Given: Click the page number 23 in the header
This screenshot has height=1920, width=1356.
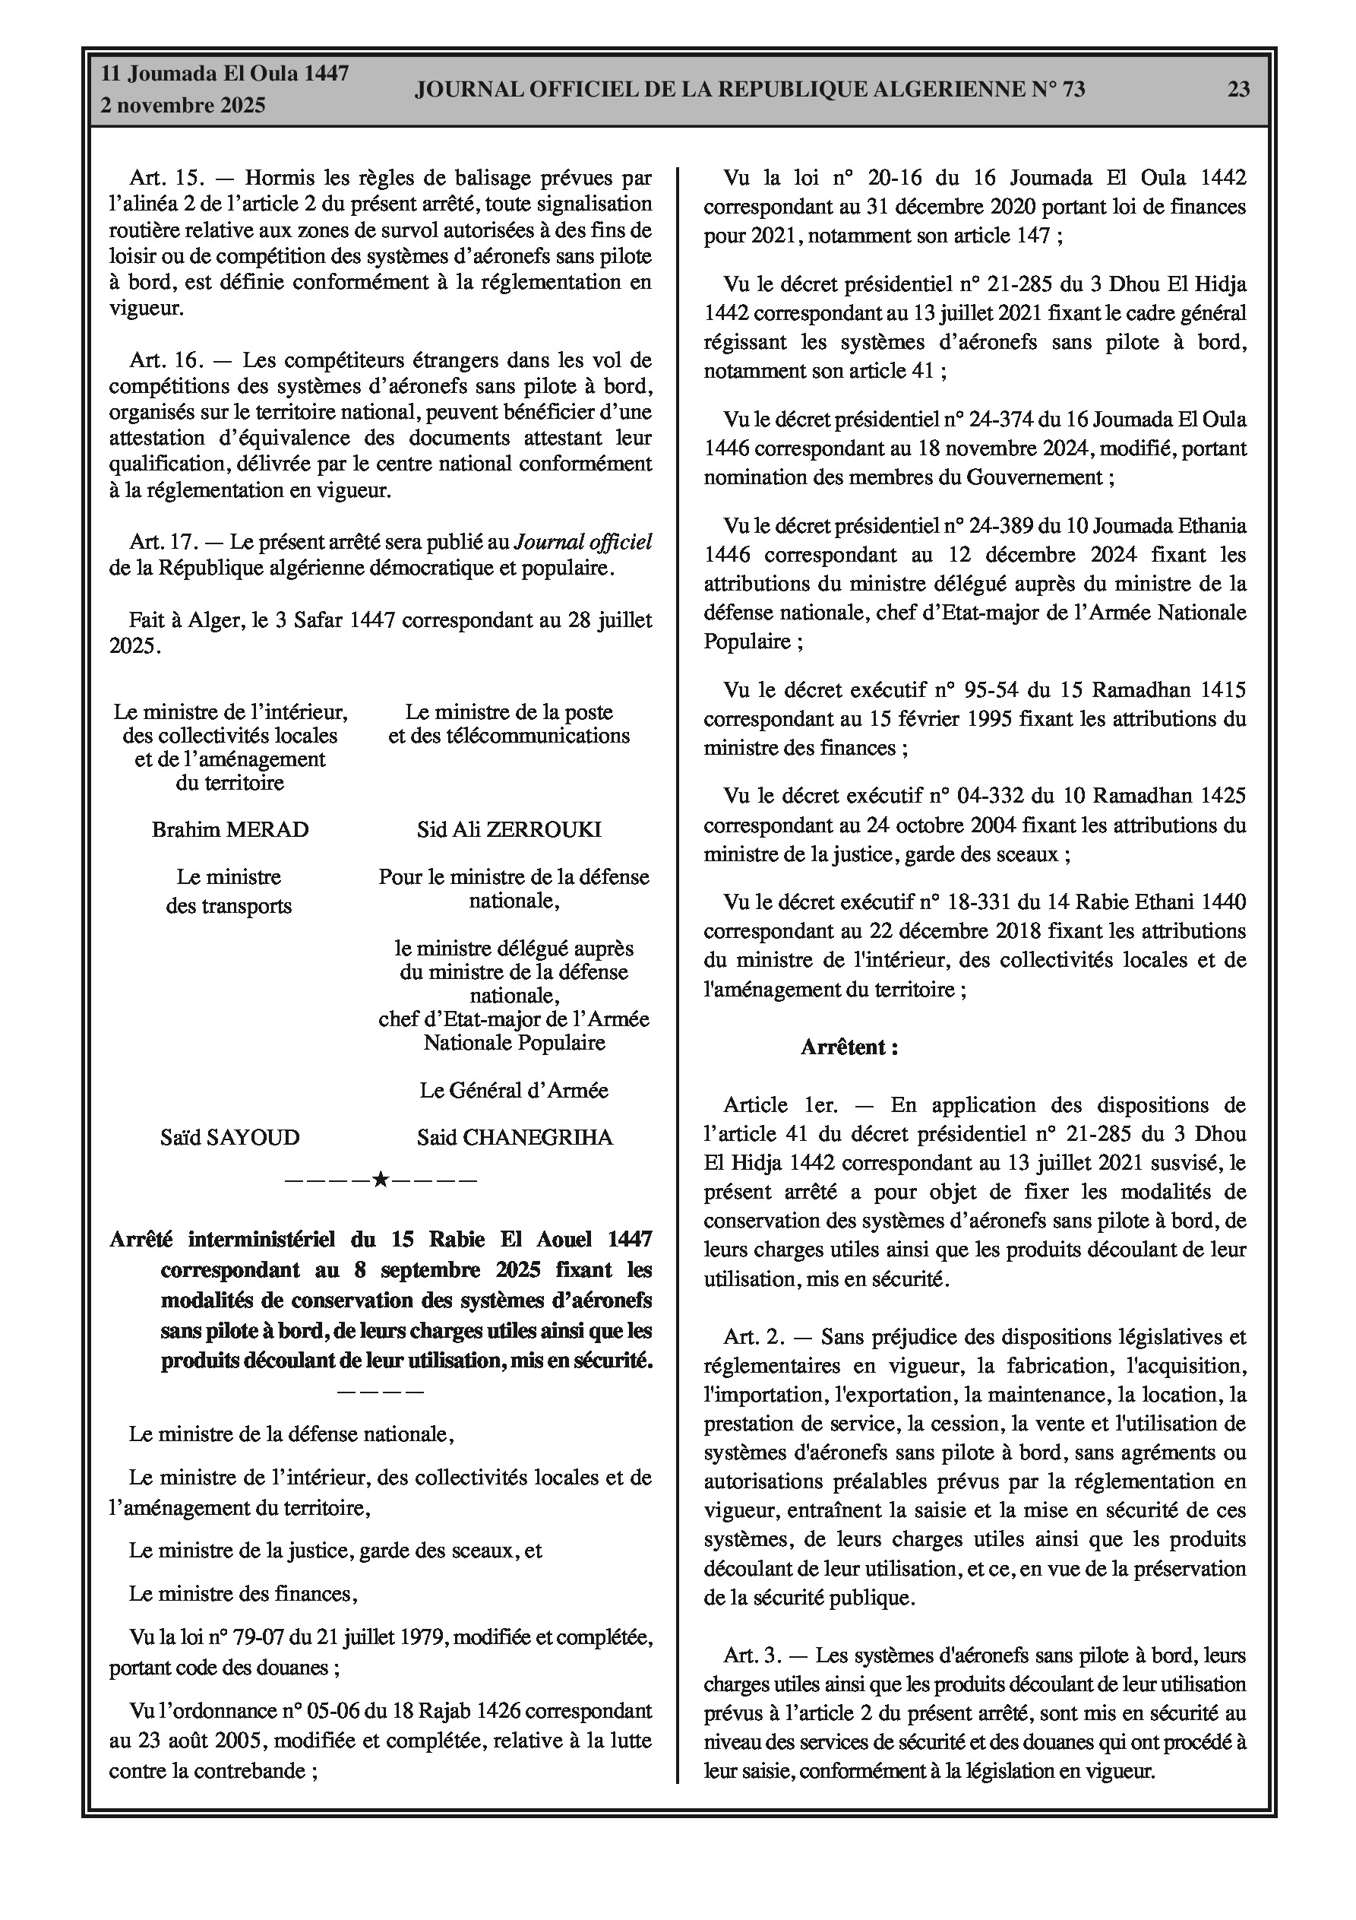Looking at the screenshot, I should tap(1238, 90).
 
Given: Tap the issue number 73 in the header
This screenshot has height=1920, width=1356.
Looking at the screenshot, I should tap(1073, 90).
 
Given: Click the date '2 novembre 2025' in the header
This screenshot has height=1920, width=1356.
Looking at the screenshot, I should tap(183, 106).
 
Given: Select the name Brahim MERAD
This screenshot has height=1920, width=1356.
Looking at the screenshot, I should tap(230, 829).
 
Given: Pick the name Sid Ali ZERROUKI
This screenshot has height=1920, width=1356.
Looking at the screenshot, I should tap(509, 829).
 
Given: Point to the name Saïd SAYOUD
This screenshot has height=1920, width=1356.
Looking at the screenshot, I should tap(230, 1137).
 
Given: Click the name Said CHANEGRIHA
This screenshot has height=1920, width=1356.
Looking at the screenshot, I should tap(515, 1137).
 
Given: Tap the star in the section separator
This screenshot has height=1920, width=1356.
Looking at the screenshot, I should tap(381, 1180).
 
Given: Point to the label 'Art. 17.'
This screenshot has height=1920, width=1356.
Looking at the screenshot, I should tap(164, 542).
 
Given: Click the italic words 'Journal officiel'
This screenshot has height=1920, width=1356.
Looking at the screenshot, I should tap(583, 542).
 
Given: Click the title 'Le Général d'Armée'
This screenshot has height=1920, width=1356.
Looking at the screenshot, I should tap(514, 1091).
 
